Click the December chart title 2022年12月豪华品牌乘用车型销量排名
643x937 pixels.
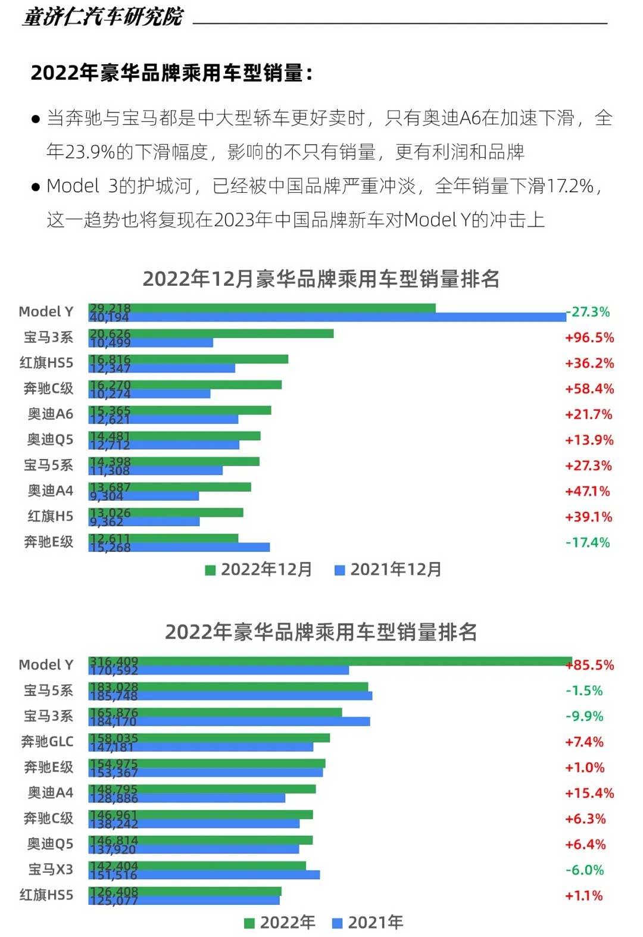click(321, 279)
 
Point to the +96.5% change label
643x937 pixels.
click(589, 338)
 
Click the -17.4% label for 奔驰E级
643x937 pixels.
click(587, 542)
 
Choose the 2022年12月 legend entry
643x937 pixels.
click(259, 570)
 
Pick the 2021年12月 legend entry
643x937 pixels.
click(388, 570)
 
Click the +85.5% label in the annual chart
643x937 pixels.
click(590, 665)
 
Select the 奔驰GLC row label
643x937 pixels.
click(47, 742)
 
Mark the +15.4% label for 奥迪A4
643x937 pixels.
click(589, 793)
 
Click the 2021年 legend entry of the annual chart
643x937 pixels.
click(368, 923)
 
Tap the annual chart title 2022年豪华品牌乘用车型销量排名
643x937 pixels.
click(321, 632)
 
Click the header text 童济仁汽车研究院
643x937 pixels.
click(103, 17)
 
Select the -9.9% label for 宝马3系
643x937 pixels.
click(584, 716)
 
